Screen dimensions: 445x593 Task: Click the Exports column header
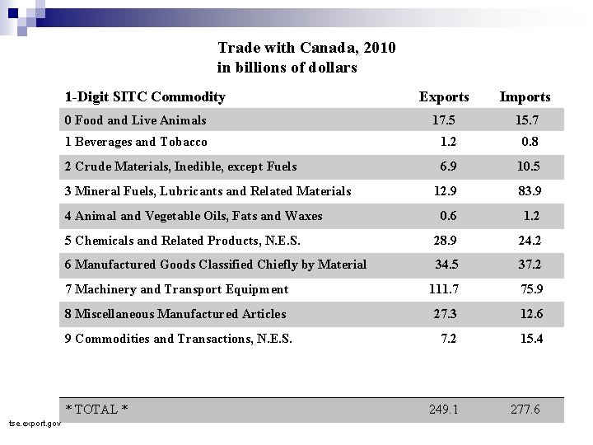[x=444, y=97]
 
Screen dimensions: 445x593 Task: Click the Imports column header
[x=525, y=97]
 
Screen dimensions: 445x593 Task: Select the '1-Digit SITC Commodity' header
[x=145, y=97]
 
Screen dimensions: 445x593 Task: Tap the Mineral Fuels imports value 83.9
[x=528, y=191]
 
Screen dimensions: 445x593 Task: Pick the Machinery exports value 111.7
[x=444, y=289]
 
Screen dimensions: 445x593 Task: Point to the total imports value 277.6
[x=524, y=409]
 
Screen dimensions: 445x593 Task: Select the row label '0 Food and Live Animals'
[x=135, y=120]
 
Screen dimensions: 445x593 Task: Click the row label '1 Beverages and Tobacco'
[x=136, y=142]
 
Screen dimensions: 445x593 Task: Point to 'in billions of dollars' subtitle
[x=287, y=68]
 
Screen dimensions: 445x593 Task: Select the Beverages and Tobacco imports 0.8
[x=530, y=142]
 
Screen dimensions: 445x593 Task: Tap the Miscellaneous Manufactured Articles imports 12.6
[x=530, y=314]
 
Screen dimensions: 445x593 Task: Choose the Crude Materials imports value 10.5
[x=528, y=166]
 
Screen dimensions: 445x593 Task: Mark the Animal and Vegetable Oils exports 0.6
[x=449, y=216]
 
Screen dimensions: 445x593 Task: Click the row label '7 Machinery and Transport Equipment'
[x=176, y=289]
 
